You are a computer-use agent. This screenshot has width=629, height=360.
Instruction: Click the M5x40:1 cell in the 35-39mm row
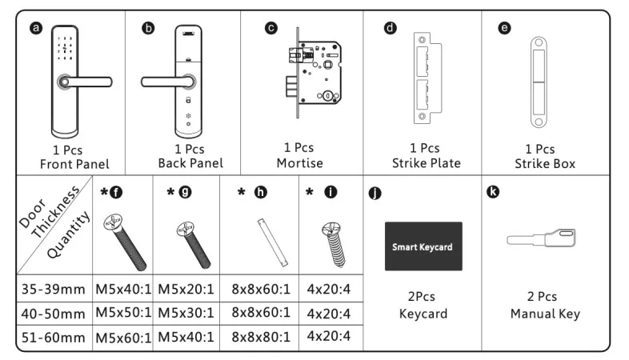(124, 287)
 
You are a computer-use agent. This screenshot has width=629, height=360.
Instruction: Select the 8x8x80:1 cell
(260, 336)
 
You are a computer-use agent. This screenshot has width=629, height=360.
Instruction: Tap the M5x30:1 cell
(186, 312)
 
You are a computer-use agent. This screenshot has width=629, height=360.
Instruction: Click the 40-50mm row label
(52, 312)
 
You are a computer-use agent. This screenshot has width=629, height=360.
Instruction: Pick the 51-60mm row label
(52, 337)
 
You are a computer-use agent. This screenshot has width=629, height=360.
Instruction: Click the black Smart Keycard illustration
(422, 246)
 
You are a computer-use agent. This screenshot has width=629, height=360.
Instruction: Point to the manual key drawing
(545, 238)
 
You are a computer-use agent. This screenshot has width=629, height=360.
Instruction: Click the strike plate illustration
(425, 78)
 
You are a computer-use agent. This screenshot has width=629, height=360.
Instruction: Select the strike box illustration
(539, 78)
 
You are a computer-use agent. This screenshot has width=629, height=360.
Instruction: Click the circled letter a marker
(34, 28)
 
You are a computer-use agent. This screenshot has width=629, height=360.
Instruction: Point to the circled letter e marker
(503, 28)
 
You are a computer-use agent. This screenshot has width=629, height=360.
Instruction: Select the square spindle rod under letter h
(270, 241)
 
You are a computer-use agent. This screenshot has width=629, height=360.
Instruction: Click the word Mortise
(300, 163)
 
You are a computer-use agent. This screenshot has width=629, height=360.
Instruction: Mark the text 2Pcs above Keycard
(422, 295)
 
